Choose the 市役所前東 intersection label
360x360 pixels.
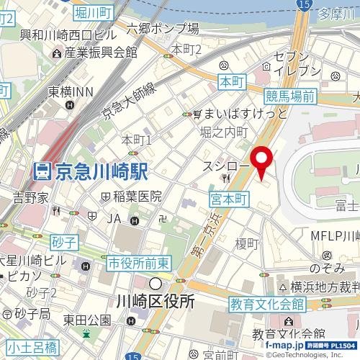point(138,264)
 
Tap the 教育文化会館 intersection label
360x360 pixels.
point(268,305)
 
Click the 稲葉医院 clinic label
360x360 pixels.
point(136,196)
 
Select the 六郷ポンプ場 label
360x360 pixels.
point(163,29)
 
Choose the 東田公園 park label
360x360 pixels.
point(86,320)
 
